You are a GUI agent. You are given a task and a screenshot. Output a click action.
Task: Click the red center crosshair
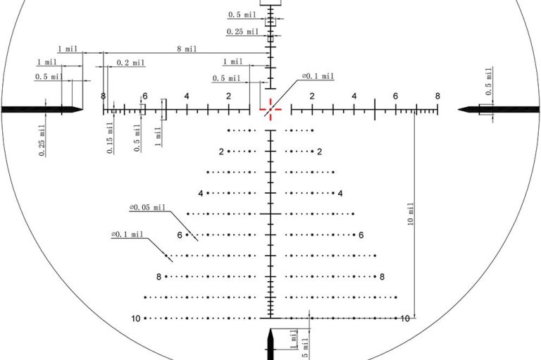(270, 109)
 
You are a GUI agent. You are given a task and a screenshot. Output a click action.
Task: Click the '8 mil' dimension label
(187, 49)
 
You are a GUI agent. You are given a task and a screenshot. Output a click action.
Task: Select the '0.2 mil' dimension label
(130, 63)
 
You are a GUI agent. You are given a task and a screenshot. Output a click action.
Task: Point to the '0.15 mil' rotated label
(110, 137)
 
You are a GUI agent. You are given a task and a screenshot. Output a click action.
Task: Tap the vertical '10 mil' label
(411, 214)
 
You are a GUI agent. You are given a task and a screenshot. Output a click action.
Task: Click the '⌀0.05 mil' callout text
(147, 207)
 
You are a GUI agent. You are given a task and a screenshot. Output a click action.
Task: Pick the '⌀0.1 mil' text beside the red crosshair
(318, 76)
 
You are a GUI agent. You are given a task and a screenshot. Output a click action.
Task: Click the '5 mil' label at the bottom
(305, 349)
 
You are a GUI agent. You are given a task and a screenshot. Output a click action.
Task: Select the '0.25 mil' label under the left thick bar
(42, 140)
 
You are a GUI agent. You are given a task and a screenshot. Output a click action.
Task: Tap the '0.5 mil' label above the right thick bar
(489, 82)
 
